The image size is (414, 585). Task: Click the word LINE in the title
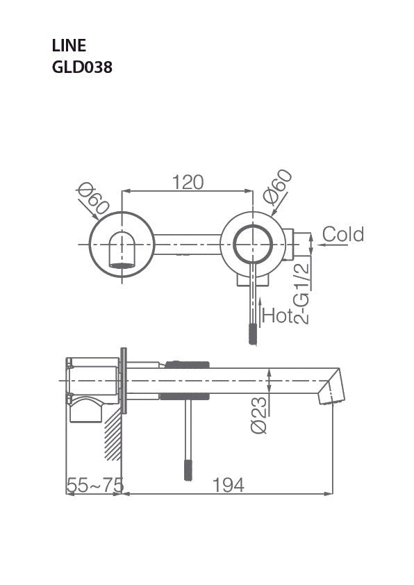69,46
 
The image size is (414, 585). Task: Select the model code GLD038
82,67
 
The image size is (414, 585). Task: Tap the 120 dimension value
188,182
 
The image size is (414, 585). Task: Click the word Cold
342,234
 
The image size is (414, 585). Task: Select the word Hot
277,317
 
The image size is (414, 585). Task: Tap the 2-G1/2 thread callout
301,292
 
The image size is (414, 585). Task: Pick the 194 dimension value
228,485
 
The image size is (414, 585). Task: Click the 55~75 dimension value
94,485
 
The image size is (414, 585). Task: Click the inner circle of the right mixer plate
252,245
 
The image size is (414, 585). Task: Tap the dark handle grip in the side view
187,470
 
